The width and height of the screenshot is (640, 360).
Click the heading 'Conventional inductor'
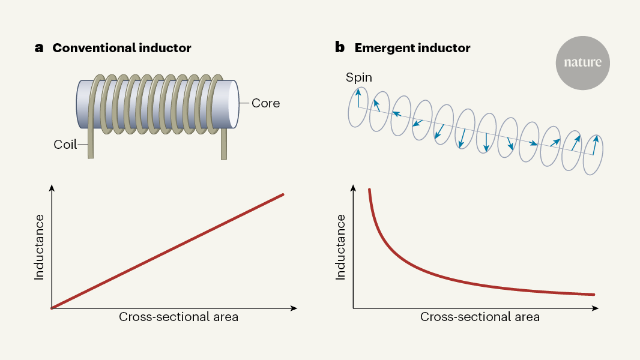122,48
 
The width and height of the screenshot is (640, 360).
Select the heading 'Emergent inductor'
412,48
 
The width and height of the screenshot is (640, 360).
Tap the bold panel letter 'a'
39,49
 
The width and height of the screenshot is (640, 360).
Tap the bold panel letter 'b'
340,48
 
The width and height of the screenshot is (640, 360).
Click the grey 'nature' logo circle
582,62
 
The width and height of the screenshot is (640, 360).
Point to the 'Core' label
265,103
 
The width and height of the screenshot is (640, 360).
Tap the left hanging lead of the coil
90,144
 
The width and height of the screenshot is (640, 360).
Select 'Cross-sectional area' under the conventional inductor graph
178,317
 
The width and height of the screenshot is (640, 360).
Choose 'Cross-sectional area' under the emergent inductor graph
480,317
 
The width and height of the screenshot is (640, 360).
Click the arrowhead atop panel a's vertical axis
53,188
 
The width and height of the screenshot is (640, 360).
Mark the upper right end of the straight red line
282,194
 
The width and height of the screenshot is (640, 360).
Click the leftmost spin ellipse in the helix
358,107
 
